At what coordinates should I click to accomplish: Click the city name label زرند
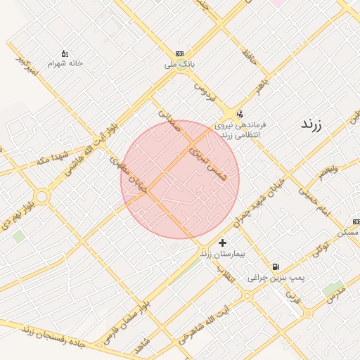(310, 125)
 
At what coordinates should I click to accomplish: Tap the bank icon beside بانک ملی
(180, 54)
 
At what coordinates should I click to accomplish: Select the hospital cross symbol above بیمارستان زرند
(223, 243)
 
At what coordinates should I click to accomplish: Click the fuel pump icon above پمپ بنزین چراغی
(276, 267)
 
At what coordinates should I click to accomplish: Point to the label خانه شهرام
(65, 63)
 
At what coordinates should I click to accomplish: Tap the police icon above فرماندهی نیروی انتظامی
(240, 113)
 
